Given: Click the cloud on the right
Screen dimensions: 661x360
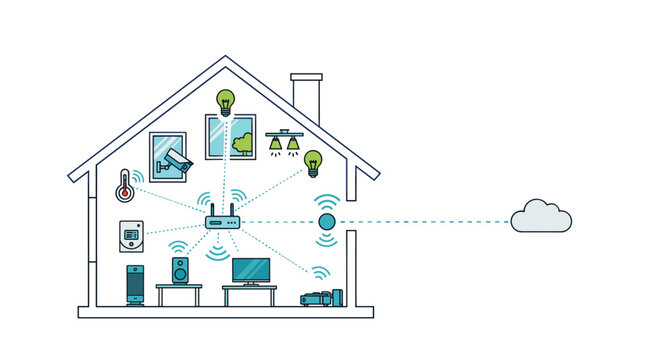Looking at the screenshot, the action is pos(541,217).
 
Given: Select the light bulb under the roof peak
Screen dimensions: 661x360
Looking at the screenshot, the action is pos(226,101).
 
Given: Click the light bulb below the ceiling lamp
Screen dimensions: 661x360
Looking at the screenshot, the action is pos(313,160).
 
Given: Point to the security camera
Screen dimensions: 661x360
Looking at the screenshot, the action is pos(177,160).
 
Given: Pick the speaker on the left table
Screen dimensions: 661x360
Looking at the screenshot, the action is pos(180,270).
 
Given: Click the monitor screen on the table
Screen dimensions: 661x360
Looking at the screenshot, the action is pos(250,269).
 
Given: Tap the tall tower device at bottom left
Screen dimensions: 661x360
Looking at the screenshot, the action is pos(136,285).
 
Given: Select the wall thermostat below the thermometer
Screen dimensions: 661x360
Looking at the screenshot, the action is pos(131,237).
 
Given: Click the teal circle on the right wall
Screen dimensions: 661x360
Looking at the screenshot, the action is pos(326,222).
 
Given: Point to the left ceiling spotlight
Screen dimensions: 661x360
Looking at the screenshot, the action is pos(276,144).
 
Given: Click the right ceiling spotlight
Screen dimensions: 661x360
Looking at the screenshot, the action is pos(293,144).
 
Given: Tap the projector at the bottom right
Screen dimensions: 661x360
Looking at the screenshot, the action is pos(318,297).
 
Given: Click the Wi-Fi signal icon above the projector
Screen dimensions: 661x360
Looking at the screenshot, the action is pos(319,272).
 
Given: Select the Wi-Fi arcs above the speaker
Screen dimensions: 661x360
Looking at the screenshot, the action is pos(179,245).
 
